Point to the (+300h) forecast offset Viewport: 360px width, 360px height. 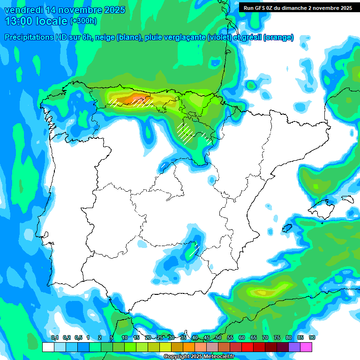83,21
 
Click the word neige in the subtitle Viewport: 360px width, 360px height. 106,37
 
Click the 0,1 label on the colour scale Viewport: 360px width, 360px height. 55,337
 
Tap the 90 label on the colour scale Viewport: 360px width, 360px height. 312,337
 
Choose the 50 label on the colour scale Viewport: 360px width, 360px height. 218,337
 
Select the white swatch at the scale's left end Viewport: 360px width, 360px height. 48,347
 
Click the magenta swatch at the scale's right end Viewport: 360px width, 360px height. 306,347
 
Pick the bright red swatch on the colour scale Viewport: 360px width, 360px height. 247,347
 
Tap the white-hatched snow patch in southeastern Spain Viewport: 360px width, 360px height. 193,250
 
